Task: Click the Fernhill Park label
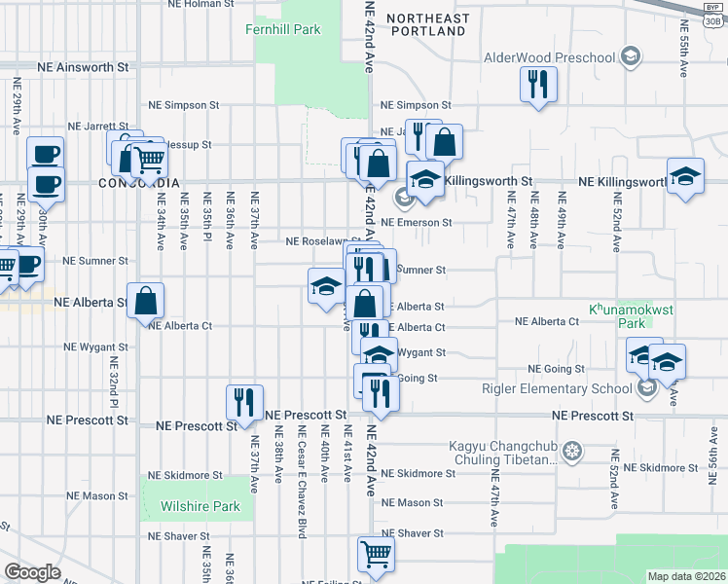(x=282, y=30)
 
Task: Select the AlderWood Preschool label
(x=551, y=56)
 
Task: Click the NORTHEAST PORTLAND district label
(x=426, y=24)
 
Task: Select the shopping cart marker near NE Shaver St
(x=377, y=554)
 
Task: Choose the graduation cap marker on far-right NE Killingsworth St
(x=686, y=176)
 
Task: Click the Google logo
(x=32, y=572)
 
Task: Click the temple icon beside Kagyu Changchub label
(x=573, y=451)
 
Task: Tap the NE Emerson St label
(x=417, y=222)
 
